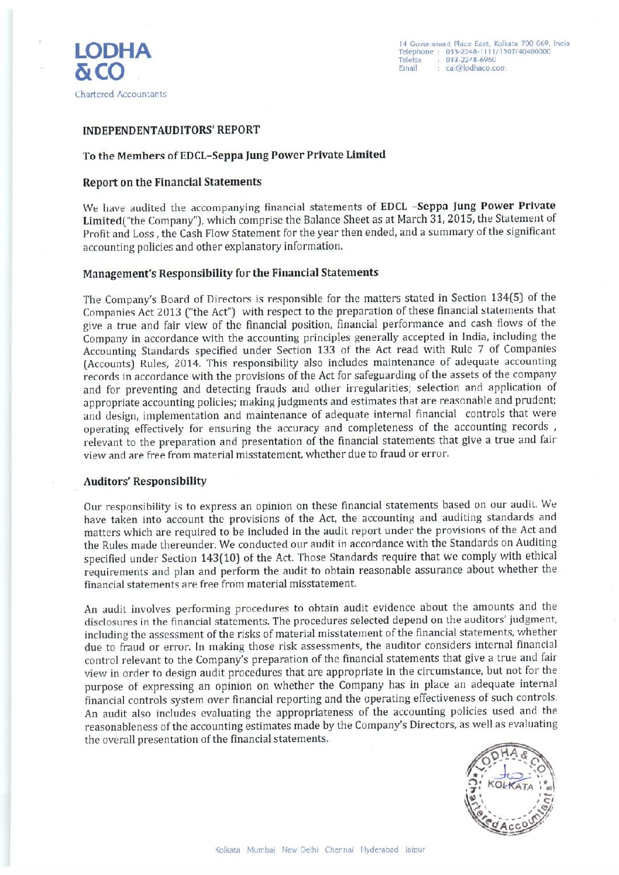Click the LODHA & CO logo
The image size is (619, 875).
point(112,61)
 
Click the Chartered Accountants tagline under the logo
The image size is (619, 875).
point(121,94)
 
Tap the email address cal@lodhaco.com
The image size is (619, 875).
point(475,68)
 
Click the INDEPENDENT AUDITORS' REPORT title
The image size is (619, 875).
point(171,130)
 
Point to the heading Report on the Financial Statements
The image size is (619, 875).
point(172,182)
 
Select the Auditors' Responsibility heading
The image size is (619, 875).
point(145,482)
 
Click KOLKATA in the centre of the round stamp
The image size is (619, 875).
point(510,786)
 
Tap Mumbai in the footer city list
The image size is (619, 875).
point(261,850)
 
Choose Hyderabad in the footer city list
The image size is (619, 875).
point(379,850)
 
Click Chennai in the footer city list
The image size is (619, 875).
point(339,850)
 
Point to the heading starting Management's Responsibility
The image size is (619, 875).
point(231,274)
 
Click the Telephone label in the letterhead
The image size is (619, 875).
point(415,51)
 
